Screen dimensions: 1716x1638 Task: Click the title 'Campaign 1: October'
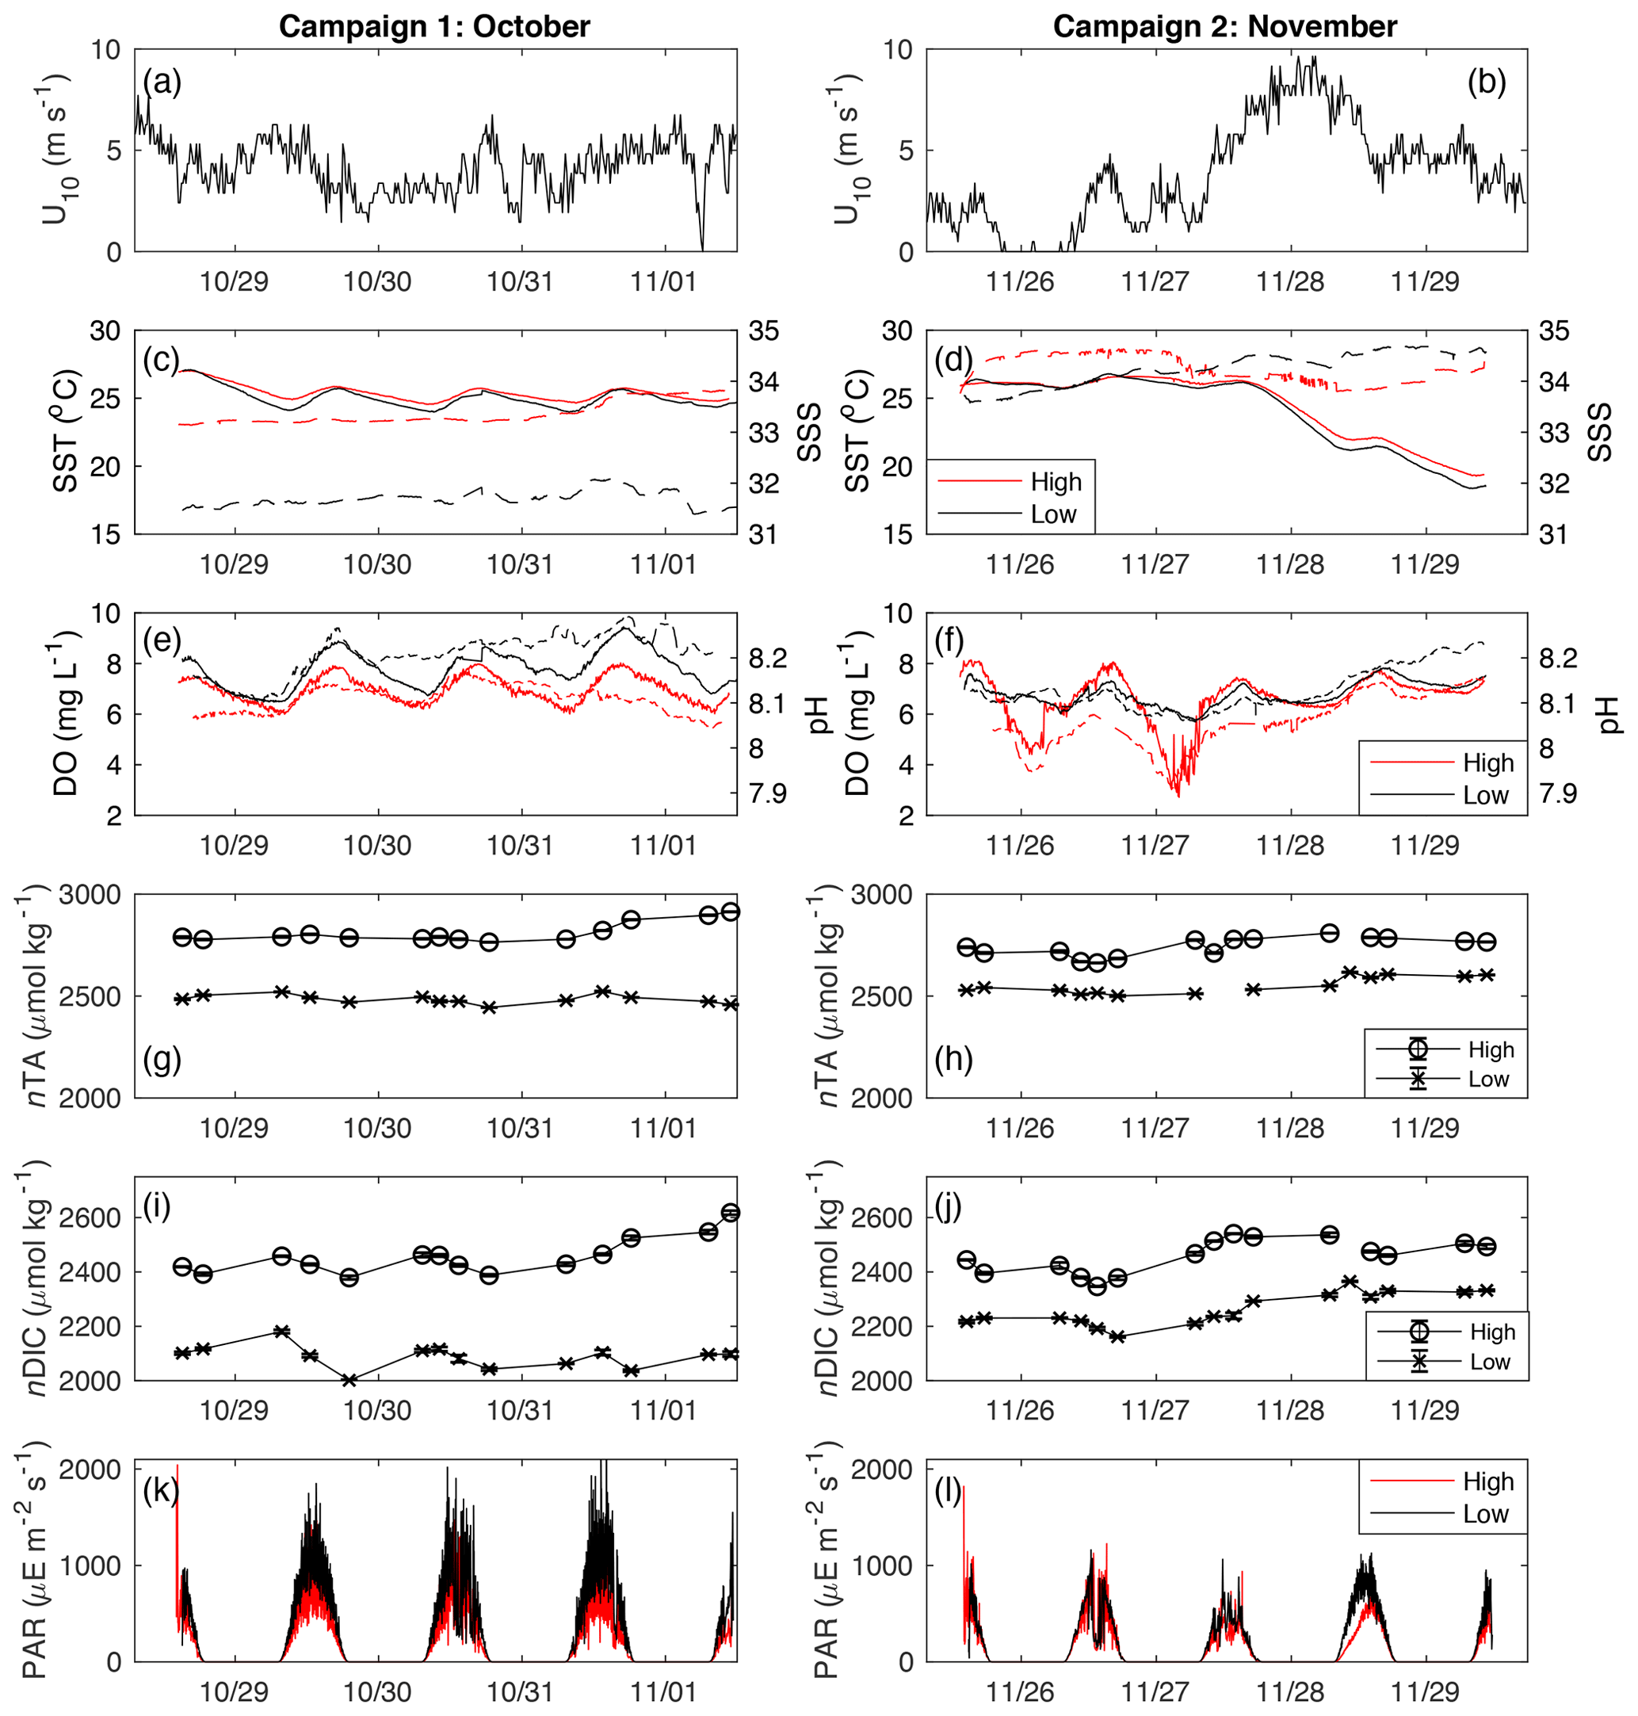[x=434, y=26]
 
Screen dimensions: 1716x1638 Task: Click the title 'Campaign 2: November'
[x=1224, y=26]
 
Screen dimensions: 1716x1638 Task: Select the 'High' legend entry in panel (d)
[x=1056, y=481]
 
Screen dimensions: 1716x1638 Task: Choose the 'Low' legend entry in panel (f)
[x=1485, y=795]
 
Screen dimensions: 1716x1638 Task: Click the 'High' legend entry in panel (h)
[x=1491, y=1049]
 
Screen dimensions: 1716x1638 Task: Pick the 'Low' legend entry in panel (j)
[x=1490, y=1362]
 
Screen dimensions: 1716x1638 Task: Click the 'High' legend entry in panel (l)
[x=1487, y=1481]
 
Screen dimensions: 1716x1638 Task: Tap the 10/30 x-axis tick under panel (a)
[x=377, y=281]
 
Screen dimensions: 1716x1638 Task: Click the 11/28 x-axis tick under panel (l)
[x=1289, y=1691]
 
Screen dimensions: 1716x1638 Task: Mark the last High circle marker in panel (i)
[x=731, y=1212]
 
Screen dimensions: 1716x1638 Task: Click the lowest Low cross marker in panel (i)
[x=349, y=1381]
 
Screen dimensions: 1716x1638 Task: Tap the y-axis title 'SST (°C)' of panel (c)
[x=67, y=431]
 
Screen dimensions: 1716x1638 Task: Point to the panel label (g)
[x=162, y=1061]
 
